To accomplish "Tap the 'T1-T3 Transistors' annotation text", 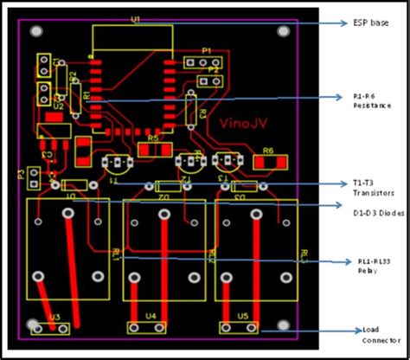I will click(x=374, y=189).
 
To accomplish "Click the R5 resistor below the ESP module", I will click(x=153, y=149).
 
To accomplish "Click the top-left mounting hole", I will click(x=36, y=31).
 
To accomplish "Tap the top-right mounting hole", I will click(x=285, y=31).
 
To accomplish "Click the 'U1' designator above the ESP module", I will click(x=135, y=18).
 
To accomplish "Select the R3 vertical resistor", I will click(x=191, y=111).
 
